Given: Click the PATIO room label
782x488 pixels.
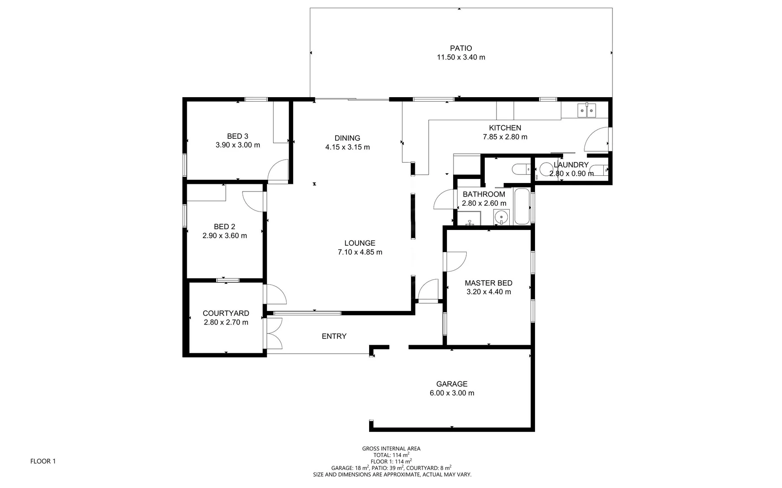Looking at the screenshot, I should tap(460, 48).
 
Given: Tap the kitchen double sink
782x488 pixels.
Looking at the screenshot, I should tap(587, 110).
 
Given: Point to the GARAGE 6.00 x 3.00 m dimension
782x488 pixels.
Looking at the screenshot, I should tap(451, 393).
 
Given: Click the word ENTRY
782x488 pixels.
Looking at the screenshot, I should tap(334, 336).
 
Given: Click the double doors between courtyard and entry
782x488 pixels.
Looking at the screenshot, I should tap(274, 333).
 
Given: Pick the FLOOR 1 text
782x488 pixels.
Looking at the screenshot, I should tap(43, 461).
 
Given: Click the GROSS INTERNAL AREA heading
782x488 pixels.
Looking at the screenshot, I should tap(391, 449).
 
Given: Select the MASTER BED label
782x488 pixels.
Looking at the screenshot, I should tap(488, 283).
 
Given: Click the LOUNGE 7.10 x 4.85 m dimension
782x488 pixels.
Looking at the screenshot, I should tap(360, 252).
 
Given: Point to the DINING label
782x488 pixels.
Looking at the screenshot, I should tap(347, 138).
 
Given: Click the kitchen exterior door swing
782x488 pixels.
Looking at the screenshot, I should tap(597, 140).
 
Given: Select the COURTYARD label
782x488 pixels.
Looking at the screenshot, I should tap(225, 313).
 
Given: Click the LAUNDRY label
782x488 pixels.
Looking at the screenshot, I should tap(571, 165).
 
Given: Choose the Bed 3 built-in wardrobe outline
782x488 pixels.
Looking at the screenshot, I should tap(281, 122).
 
